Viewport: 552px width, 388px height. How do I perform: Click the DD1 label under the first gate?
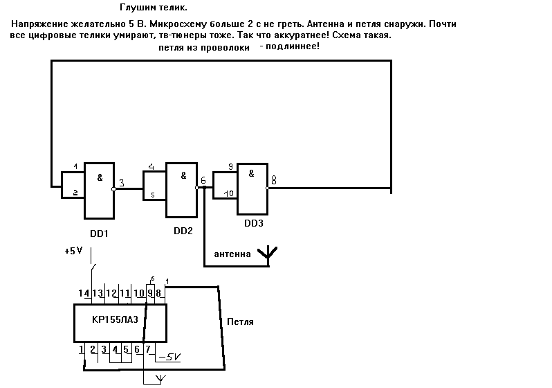click(99, 234)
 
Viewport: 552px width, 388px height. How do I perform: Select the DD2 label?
click(183, 230)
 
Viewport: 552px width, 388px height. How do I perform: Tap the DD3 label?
click(254, 224)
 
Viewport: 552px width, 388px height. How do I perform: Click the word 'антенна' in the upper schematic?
click(232, 254)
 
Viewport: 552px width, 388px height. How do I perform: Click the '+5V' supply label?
click(73, 252)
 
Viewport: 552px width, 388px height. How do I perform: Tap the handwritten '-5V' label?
click(169, 357)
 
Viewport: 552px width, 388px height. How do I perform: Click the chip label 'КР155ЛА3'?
click(115, 319)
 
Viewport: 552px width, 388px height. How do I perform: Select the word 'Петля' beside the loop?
click(240, 322)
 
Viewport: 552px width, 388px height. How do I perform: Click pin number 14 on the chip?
click(84, 294)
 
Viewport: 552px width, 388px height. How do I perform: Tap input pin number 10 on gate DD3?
click(229, 193)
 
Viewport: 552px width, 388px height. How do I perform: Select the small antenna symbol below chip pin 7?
click(160, 378)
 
